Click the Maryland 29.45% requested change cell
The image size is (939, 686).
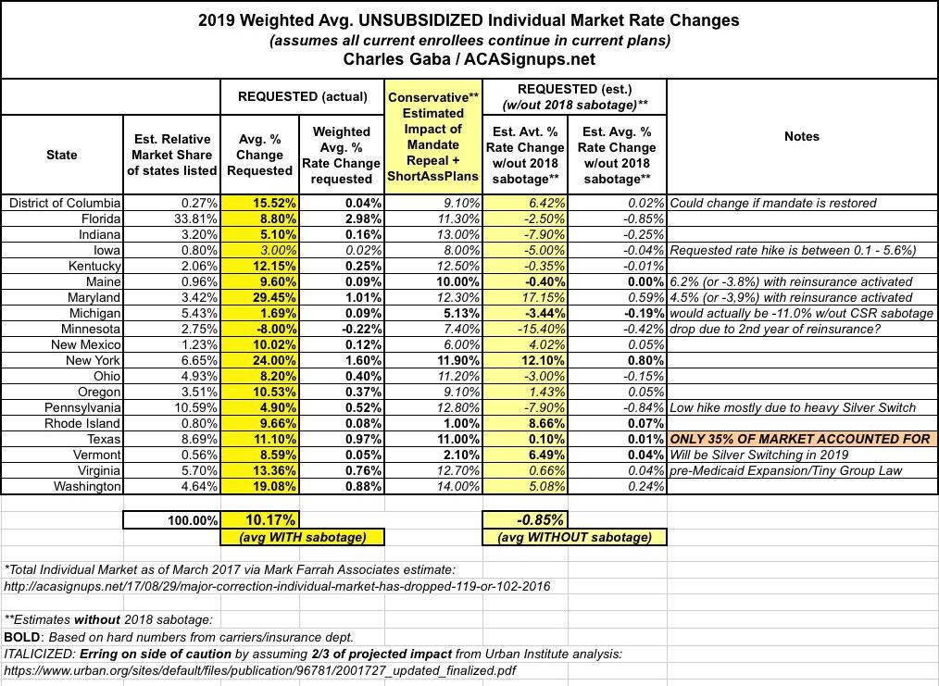click(x=258, y=298)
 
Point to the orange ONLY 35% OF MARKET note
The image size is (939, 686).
click(x=799, y=439)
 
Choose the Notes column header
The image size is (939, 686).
click(x=801, y=136)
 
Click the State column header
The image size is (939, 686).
click(x=62, y=155)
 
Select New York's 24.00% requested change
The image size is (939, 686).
click(x=258, y=361)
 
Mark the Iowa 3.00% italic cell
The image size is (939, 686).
click(x=258, y=251)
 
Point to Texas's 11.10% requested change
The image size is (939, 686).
click(x=258, y=439)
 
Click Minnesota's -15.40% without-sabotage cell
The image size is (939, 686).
click(x=525, y=330)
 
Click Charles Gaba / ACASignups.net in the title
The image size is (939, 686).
click(x=469, y=59)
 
